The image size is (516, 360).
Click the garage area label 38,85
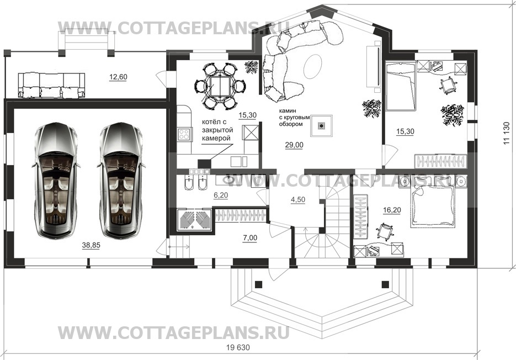91,245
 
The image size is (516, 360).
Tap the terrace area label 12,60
118,77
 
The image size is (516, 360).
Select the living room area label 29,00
294,145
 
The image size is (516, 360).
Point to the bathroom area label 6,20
221,195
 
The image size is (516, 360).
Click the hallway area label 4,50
298,200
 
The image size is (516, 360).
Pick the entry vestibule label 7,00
250,238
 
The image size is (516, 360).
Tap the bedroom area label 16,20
392,210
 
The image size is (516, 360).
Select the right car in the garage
120,180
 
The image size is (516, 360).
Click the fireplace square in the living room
322,125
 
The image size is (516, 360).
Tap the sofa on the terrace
51,86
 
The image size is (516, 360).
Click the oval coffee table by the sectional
312,66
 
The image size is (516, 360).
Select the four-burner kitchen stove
184,134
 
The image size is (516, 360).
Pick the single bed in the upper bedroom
401,87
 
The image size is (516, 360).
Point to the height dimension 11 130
507,133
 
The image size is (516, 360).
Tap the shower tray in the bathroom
195,220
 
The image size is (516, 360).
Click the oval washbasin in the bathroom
228,180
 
